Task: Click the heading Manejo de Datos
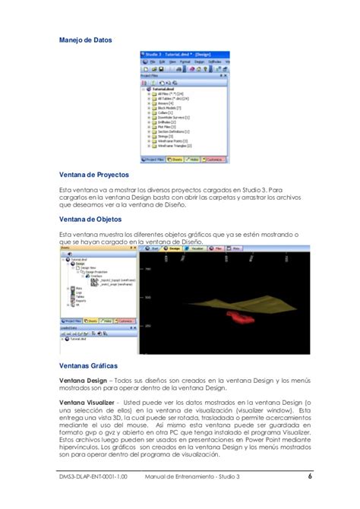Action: pyautogui.click(x=86, y=40)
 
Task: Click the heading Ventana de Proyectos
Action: pyautogui.click(x=93, y=174)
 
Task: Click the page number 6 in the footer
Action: pyautogui.click(x=311, y=477)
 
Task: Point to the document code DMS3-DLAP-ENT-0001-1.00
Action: pyautogui.click(x=95, y=477)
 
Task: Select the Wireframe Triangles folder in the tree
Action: pyautogui.click(x=175, y=145)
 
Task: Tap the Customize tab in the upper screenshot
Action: pyautogui.click(x=215, y=160)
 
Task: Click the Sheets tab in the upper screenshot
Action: pyautogui.click(x=176, y=160)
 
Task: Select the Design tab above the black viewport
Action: pyautogui.click(x=172, y=248)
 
